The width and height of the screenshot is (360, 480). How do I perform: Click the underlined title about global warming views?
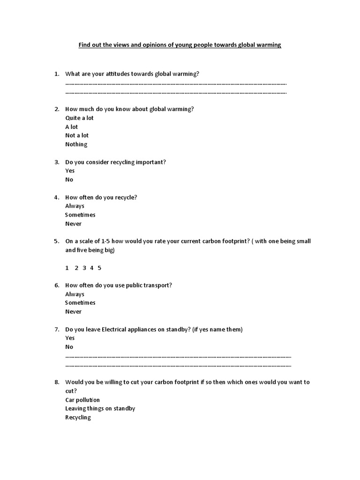click(180, 45)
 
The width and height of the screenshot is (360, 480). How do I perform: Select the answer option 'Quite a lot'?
click(79, 118)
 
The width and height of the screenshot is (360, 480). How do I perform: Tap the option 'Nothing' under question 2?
click(76, 144)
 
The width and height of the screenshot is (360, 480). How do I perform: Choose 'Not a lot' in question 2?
click(77, 135)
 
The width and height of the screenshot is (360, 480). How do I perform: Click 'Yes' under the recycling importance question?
click(70, 171)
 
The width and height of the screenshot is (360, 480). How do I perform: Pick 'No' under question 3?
click(69, 180)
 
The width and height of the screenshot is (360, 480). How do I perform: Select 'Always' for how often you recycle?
click(75, 206)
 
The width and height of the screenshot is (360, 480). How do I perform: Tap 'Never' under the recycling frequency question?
click(74, 224)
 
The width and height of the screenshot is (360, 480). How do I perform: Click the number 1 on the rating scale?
click(67, 268)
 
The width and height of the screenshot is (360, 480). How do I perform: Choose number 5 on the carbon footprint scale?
click(99, 268)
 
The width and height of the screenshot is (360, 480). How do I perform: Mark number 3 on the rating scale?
click(84, 268)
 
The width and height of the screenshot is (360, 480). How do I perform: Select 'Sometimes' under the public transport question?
click(80, 303)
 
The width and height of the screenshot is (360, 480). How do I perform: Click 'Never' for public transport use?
click(74, 312)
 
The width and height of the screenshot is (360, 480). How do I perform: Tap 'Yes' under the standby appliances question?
click(70, 338)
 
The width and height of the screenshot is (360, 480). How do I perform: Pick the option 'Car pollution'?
click(82, 400)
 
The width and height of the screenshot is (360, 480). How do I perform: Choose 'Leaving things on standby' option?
click(100, 409)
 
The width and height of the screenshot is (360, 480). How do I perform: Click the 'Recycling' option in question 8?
click(78, 418)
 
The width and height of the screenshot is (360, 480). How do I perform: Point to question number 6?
click(57, 285)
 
